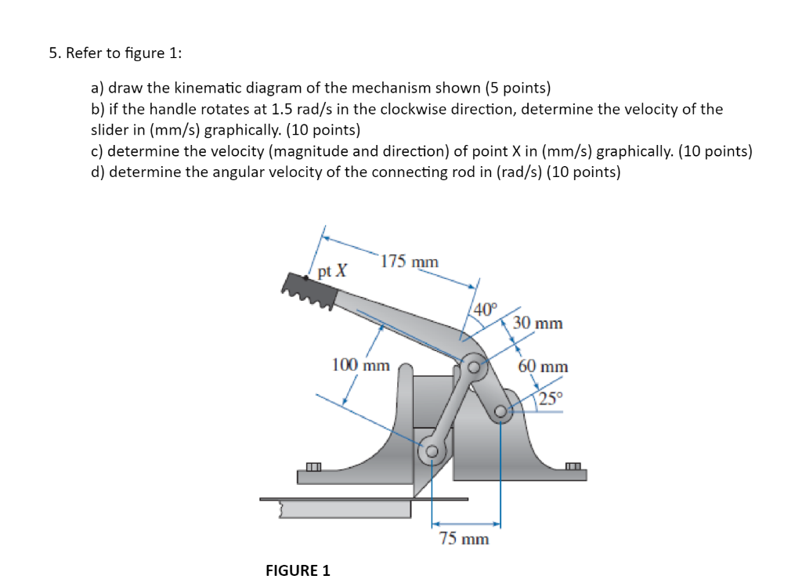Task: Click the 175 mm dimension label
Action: coord(410,262)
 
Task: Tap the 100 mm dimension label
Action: coord(360,365)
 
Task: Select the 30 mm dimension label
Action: coord(538,323)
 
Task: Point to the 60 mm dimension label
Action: coord(543,367)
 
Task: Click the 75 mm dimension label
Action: coord(464,539)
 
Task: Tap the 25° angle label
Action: coord(550,398)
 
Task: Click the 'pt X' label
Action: coord(333,271)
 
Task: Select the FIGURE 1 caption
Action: coord(298,570)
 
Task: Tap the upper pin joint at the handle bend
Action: coord(474,365)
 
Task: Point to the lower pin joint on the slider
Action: coord(432,450)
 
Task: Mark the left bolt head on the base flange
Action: coord(313,468)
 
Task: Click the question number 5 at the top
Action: coord(53,53)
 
